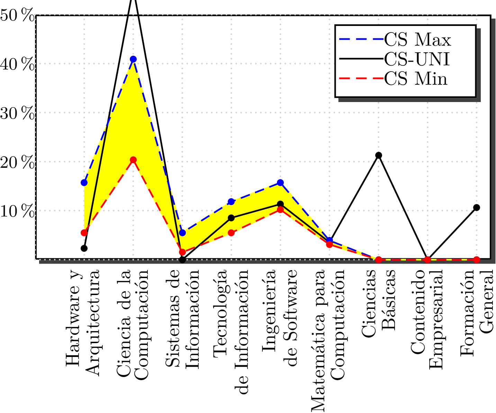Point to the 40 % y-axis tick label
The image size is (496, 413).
coord(17,64)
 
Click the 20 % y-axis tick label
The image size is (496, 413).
coord(17,163)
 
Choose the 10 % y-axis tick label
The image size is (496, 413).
coord(17,212)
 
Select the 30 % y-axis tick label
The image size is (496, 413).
coord(17,114)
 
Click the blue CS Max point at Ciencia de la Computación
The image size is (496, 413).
coord(133,59)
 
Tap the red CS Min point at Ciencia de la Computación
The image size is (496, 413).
coord(133,160)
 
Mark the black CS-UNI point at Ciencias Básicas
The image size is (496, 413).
coord(379,155)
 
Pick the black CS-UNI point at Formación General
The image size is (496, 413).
coord(477,208)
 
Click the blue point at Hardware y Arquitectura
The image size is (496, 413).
coord(84,183)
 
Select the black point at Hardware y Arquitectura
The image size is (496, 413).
coord(84,248)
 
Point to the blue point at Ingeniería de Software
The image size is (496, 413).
coord(280,183)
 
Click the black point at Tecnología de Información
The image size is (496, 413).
coord(231,218)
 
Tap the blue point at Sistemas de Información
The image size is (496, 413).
coord(182,233)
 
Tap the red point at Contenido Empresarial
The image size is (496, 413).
coord(427,259)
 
